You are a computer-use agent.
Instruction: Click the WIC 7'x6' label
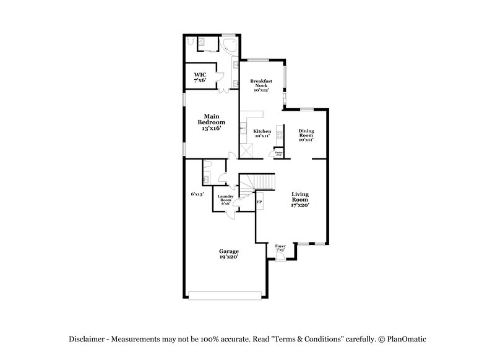tap(200, 78)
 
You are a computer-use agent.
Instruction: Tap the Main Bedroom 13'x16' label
tap(211, 122)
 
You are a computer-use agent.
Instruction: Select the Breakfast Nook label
tap(262, 85)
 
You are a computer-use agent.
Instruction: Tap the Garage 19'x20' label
tap(228, 254)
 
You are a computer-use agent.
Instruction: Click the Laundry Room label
tap(225, 199)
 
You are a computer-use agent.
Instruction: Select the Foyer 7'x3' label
tap(281, 247)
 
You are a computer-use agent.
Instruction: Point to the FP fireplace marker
tap(259, 202)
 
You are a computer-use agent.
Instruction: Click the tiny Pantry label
tap(279, 153)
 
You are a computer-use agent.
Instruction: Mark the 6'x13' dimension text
tap(197, 194)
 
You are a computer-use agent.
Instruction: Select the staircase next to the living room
tap(260, 182)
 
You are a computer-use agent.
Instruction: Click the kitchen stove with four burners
tap(279, 135)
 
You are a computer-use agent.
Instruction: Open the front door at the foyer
tap(280, 257)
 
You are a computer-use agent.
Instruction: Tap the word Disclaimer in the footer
tap(86, 338)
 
